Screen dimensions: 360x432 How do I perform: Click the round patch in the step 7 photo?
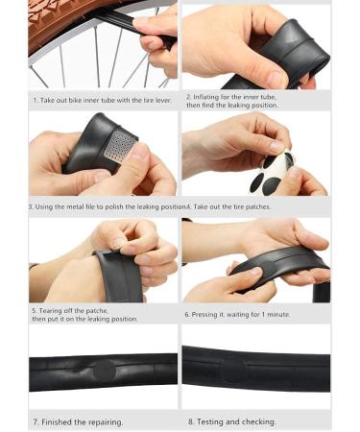click(104, 372)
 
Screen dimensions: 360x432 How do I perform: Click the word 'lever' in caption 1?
click(163, 100)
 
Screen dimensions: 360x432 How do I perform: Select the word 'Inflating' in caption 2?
click(205, 97)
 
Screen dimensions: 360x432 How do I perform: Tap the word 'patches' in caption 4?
click(258, 206)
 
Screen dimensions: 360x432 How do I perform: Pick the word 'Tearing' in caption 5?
click(50, 311)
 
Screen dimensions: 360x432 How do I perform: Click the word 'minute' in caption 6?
click(278, 314)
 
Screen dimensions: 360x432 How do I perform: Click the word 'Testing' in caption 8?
click(210, 421)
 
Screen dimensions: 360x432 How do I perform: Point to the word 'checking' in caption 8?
click(260, 421)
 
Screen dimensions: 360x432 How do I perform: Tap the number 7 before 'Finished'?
click(36, 422)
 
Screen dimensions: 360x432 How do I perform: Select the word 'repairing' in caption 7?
click(106, 422)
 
